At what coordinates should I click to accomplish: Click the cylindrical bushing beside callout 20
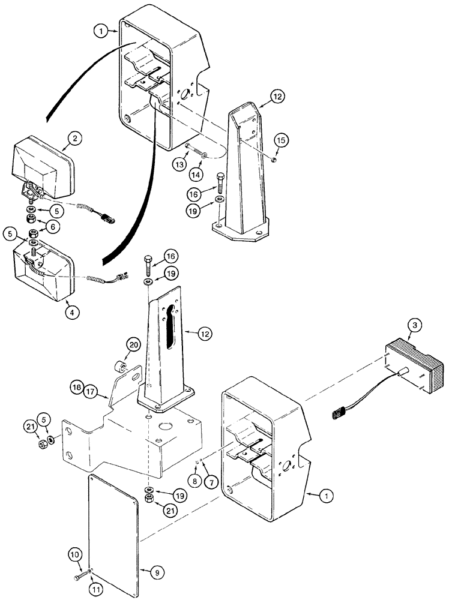(120, 365)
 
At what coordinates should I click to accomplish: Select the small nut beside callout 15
(273, 159)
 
